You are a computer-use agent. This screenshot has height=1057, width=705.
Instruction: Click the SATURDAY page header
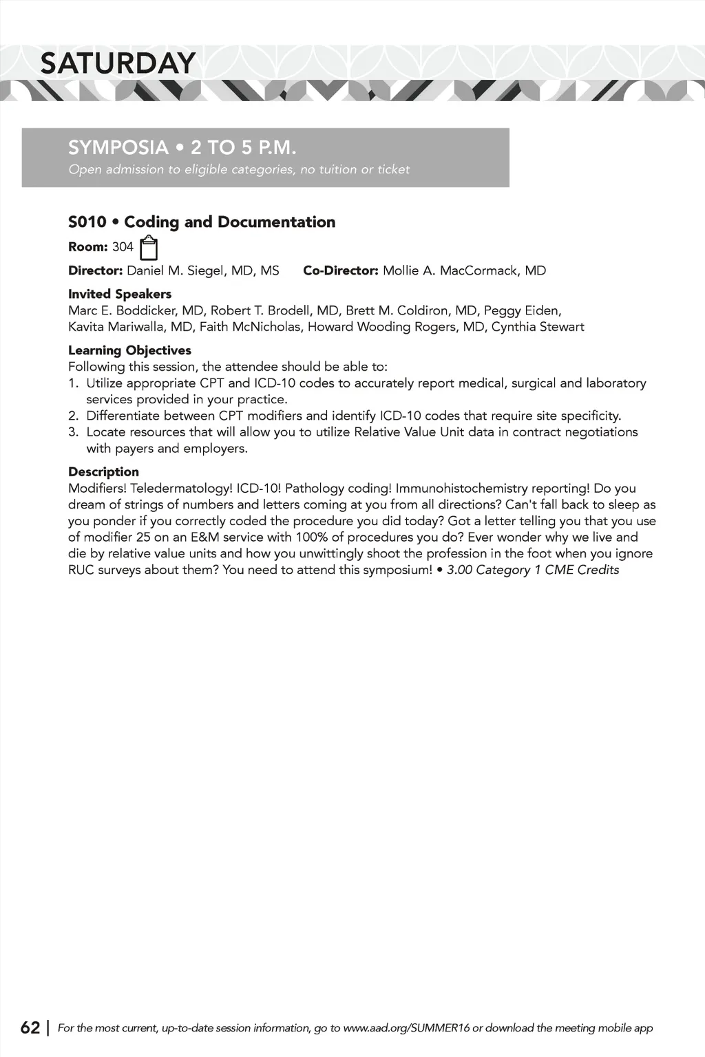(x=118, y=63)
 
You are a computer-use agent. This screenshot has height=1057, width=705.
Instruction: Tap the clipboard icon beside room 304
(x=149, y=247)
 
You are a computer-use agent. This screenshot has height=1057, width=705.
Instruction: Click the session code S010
(x=87, y=222)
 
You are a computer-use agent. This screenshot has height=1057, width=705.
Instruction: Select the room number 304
(x=123, y=247)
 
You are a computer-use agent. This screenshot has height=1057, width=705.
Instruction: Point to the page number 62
(x=30, y=1027)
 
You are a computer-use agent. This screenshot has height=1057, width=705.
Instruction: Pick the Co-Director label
(x=341, y=271)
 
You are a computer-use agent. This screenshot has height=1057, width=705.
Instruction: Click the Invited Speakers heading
(x=120, y=294)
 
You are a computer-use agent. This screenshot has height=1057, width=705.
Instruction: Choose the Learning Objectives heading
(x=129, y=350)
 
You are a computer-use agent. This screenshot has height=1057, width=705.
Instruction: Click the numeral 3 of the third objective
(x=72, y=432)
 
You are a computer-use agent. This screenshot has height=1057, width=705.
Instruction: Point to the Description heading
(x=103, y=472)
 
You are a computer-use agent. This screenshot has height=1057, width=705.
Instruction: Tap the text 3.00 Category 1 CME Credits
(x=533, y=570)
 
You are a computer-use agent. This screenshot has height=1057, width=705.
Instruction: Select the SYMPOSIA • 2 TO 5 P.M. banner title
(x=182, y=148)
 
